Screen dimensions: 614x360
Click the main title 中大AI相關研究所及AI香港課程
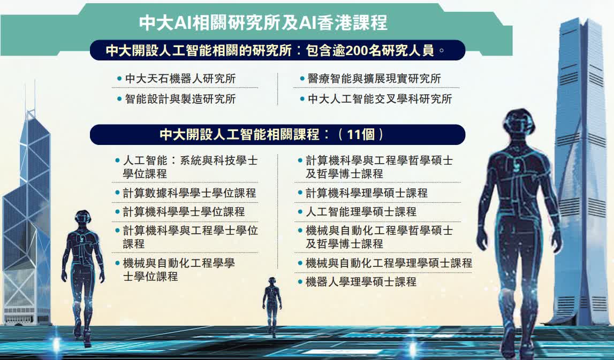tap(263, 22)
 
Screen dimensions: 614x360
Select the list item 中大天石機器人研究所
tap(180, 79)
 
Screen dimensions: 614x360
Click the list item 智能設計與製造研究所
tap(180, 99)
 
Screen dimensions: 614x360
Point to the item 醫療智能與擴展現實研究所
tap(374, 79)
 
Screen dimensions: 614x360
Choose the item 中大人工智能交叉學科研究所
tap(380, 99)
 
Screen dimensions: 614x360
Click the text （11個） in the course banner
tap(361, 135)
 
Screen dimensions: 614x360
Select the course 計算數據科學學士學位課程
tap(189, 193)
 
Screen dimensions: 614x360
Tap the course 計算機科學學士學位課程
tap(184, 212)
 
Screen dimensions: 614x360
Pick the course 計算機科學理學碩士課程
tap(367, 193)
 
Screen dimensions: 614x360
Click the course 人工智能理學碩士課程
tap(361, 212)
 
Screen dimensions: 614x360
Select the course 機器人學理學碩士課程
tap(361, 282)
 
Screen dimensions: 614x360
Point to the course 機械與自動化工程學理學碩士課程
tap(389, 263)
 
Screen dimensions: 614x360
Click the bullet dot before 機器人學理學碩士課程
tap(300, 282)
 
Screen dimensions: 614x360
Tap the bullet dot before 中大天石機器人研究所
tap(119, 79)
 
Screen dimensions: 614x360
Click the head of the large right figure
tap(519, 122)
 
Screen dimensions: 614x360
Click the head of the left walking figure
tap(82, 217)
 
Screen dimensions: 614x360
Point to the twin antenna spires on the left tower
tap(30, 98)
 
